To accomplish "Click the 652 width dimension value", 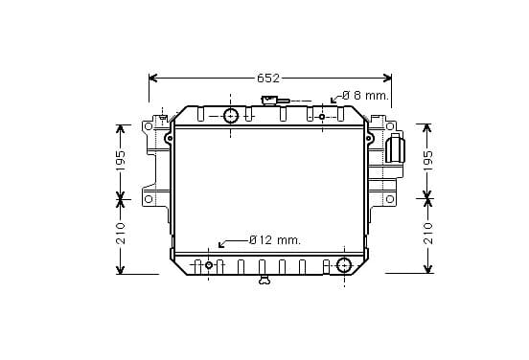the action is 268,79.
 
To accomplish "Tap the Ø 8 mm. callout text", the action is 366,96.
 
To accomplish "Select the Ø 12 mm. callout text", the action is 275,240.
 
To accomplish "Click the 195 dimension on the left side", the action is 121,160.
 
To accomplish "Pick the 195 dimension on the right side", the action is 427,160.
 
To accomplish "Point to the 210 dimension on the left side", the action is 121,234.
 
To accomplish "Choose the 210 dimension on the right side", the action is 427,234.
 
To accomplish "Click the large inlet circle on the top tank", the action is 231,116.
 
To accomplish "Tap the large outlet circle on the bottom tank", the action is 344,265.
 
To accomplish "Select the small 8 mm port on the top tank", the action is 322,117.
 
